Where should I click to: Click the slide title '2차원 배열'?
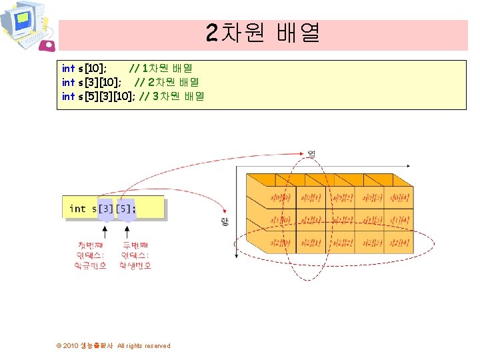[263, 33]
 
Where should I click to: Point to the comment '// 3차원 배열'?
[172, 96]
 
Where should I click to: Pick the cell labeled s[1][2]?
[342, 220]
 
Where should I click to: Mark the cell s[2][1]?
[311, 243]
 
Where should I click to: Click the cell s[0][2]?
[342, 198]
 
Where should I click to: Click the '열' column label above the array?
[311, 154]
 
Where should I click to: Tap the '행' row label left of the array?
[225, 222]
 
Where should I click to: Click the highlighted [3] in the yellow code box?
[105, 209]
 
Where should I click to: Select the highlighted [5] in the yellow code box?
[125, 209]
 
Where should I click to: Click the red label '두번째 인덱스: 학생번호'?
[135, 255]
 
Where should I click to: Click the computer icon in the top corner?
[25, 25]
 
